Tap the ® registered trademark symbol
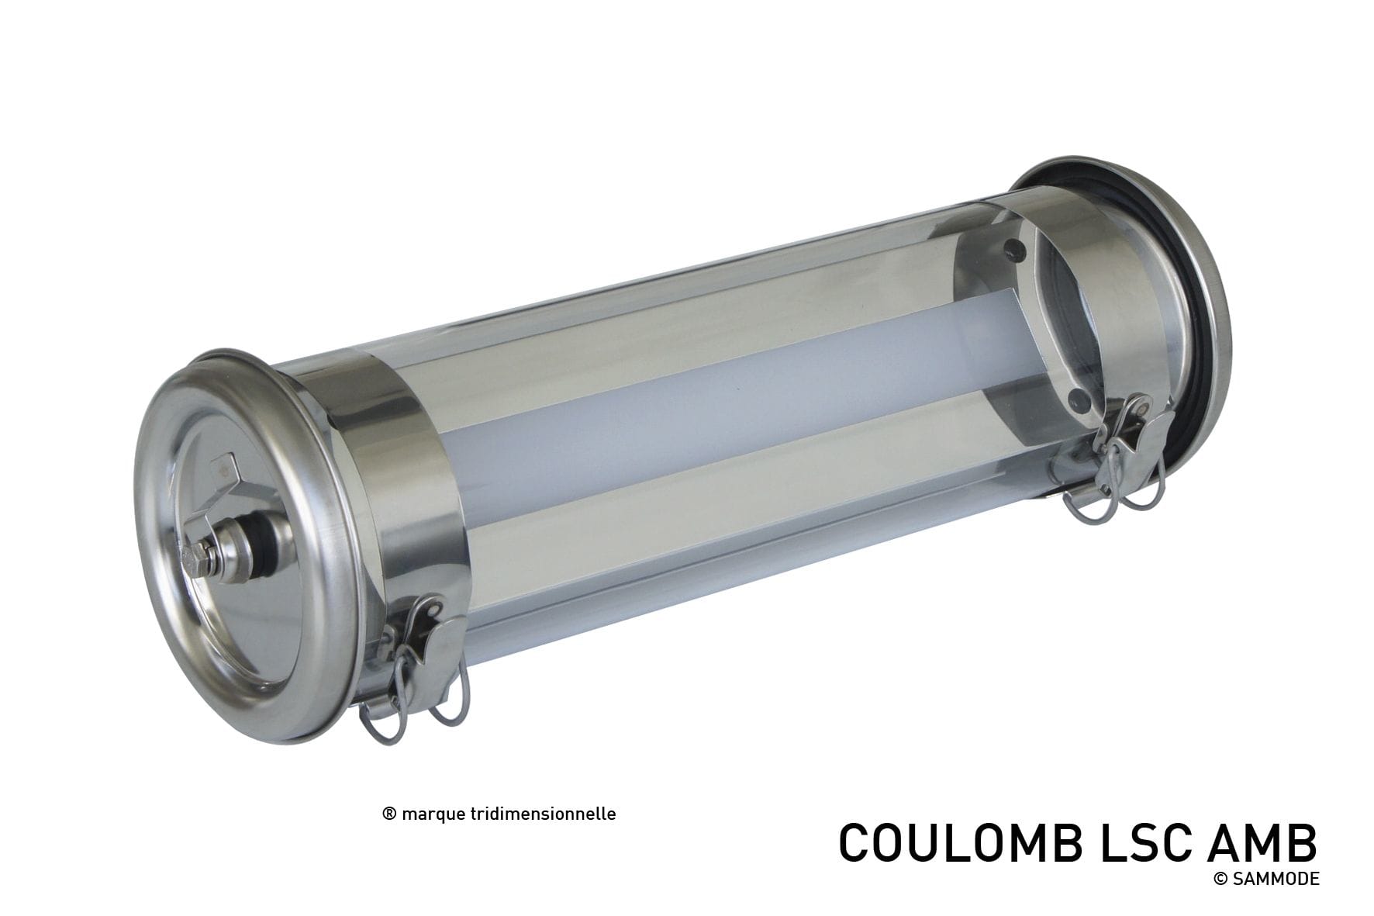click(x=390, y=814)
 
